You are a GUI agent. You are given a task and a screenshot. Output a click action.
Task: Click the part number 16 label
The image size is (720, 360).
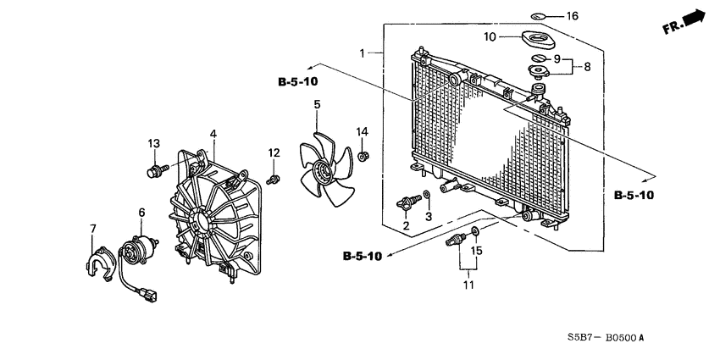(x=572, y=16)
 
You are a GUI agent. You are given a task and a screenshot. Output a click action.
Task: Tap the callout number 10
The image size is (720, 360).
(x=490, y=36)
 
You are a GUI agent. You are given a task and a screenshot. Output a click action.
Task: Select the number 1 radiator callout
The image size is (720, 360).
(x=363, y=53)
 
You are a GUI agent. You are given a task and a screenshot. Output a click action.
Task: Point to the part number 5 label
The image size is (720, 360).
(x=318, y=105)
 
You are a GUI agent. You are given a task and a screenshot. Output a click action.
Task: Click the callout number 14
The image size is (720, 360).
(x=363, y=131)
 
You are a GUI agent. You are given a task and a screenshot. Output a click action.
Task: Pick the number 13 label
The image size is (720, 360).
(x=154, y=144)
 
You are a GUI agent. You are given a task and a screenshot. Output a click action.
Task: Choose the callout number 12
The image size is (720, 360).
(x=274, y=152)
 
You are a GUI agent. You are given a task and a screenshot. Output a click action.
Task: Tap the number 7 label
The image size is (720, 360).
(x=93, y=229)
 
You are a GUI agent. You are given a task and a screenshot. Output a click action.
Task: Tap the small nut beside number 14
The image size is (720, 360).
(x=363, y=157)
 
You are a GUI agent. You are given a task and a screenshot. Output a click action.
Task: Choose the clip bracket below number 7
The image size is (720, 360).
(x=99, y=262)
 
